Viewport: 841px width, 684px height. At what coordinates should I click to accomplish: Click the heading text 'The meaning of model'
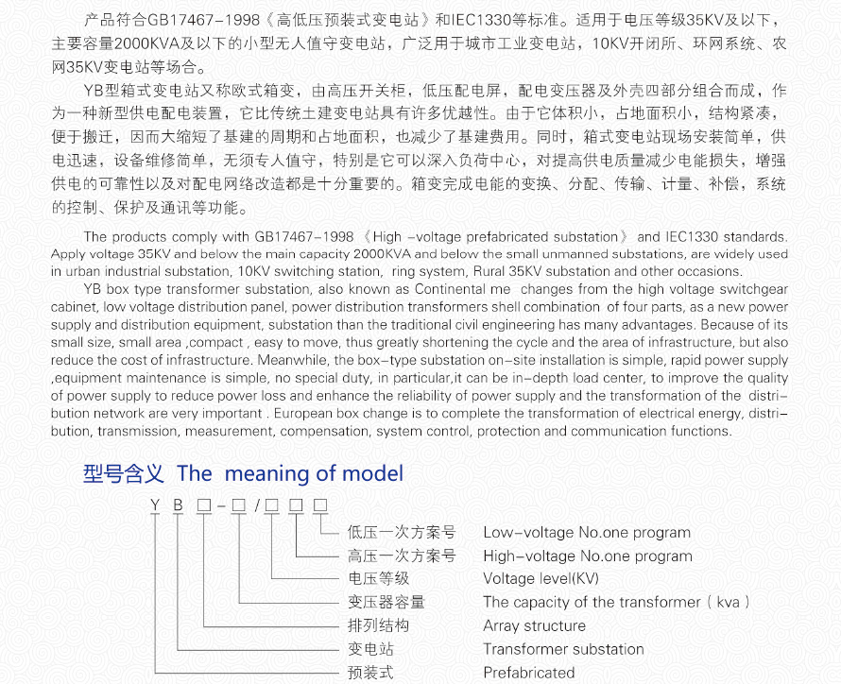click(290, 473)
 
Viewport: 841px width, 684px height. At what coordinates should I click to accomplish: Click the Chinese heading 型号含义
click(124, 473)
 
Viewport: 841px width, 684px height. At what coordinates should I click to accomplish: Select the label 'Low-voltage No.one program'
click(586, 533)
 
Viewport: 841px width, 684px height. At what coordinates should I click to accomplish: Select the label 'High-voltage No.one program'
click(587, 556)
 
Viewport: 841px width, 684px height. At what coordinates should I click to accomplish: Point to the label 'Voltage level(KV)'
click(541, 579)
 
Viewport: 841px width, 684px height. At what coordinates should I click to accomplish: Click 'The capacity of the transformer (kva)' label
click(616, 602)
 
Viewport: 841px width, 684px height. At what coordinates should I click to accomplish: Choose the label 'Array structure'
click(534, 625)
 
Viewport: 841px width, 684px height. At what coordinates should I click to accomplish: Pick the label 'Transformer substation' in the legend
click(563, 649)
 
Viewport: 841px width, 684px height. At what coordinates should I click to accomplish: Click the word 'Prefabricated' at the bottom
click(528, 673)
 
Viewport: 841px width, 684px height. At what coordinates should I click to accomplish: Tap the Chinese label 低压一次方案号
click(402, 533)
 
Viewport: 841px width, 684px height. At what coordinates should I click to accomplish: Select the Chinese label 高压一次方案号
click(402, 556)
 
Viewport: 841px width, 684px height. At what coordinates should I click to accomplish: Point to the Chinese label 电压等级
click(378, 579)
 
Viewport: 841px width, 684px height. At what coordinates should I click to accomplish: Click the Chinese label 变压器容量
click(386, 602)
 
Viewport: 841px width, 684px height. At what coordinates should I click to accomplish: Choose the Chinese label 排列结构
click(378, 625)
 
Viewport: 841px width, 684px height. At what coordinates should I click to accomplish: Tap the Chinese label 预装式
click(370, 673)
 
